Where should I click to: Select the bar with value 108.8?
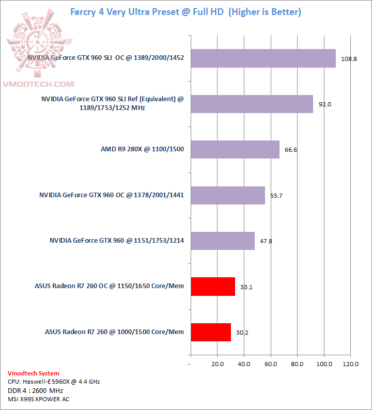coord(263,58)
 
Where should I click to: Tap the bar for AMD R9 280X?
coord(235,150)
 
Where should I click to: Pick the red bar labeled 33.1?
coord(213,286)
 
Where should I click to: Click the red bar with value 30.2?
coord(211,332)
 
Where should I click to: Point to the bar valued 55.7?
coord(228,195)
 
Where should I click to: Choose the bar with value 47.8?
coord(223,241)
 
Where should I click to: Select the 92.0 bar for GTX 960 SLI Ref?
coord(252,104)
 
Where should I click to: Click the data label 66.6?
coord(291,150)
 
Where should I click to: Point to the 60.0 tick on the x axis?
coord(270,364)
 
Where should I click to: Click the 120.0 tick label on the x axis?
coord(350,364)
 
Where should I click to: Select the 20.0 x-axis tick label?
coord(217,364)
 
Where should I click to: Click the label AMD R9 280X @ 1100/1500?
coord(142,150)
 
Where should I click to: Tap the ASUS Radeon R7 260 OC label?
coord(109,286)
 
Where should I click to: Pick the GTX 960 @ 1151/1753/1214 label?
coord(117,241)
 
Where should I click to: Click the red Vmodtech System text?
coord(34,373)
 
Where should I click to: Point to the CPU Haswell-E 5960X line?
coord(54,382)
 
